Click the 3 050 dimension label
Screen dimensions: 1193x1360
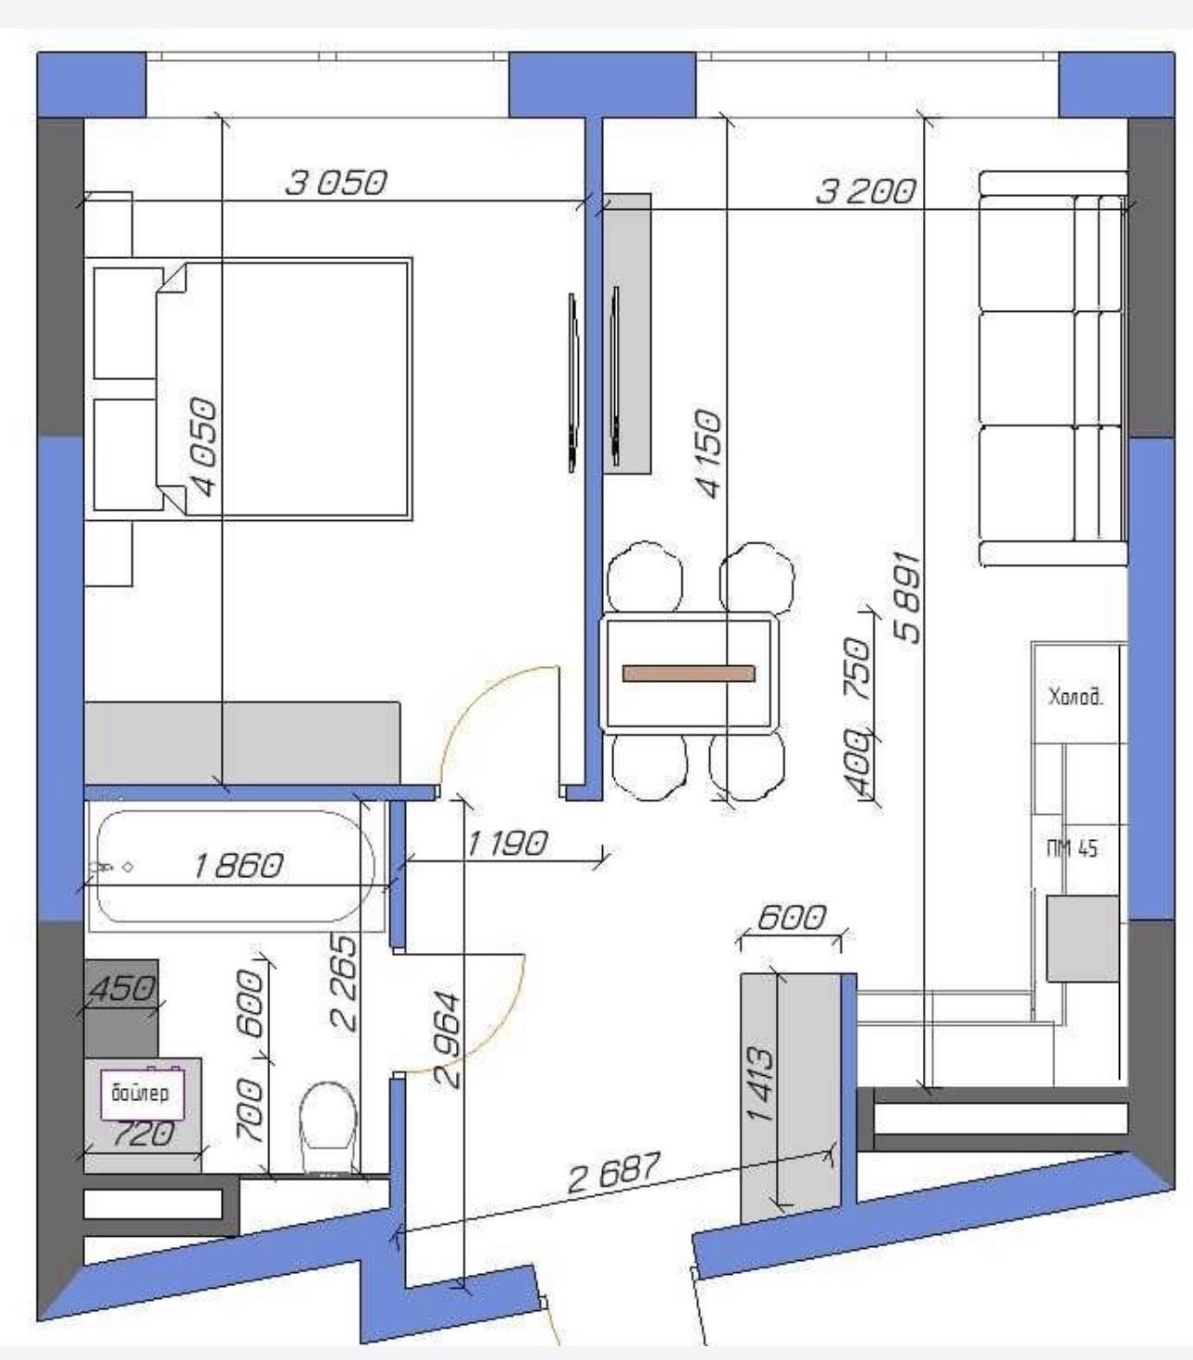click(x=336, y=182)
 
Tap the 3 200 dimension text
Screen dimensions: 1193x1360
click(x=866, y=192)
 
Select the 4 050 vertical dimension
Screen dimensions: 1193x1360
click(x=203, y=447)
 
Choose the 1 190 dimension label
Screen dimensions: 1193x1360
click(x=508, y=844)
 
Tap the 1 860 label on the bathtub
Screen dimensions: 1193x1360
click(x=238, y=866)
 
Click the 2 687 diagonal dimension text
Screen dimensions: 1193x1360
click(x=615, y=1172)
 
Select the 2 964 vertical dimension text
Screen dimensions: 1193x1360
click(x=448, y=1040)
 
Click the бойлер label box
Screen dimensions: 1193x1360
click(x=142, y=1094)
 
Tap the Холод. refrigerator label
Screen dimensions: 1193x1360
click(x=1076, y=698)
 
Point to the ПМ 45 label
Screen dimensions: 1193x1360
click(x=1072, y=849)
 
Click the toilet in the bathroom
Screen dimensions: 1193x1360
click(x=328, y=1129)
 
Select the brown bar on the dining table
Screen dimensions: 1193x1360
click(x=688, y=674)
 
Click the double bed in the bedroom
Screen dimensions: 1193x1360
click(x=282, y=389)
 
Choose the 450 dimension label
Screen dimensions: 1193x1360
click(x=121, y=988)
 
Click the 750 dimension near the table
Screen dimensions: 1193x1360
click(x=858, y=669)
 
